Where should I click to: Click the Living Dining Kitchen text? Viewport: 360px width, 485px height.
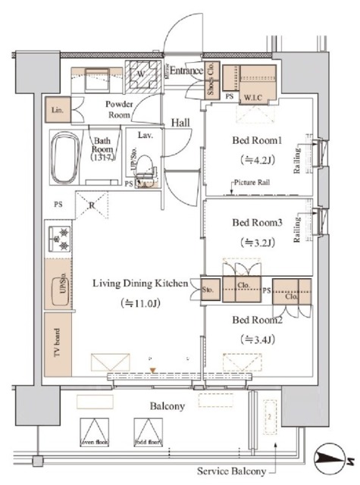click(x=140, y=283)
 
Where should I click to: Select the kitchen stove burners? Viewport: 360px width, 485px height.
click(x=58, y=240)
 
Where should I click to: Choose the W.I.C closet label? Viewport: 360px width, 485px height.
click(x=252, y=97)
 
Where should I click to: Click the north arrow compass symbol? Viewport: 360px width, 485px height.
click(x=333, y=457)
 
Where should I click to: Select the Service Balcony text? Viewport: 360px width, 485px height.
click(x=232, y=471)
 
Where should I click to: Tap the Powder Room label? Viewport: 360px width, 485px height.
click(x=119, y=109)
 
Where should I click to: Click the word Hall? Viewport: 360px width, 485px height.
click(x=180, y=122)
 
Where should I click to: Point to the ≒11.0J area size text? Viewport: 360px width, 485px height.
click(x=141, y=303)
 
